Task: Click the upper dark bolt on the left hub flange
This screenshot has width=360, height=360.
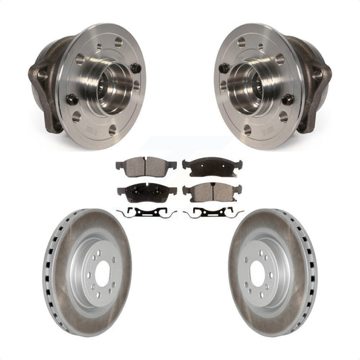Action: point(135,68)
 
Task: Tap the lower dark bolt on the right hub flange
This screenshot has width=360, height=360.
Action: point(288,99)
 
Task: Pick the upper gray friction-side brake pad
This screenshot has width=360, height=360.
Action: point(145,165)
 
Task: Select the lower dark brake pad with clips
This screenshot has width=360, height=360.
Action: point(147,191)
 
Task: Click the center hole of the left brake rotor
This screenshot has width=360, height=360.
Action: point(103,274)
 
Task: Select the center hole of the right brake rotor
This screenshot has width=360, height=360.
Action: point(257,274)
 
